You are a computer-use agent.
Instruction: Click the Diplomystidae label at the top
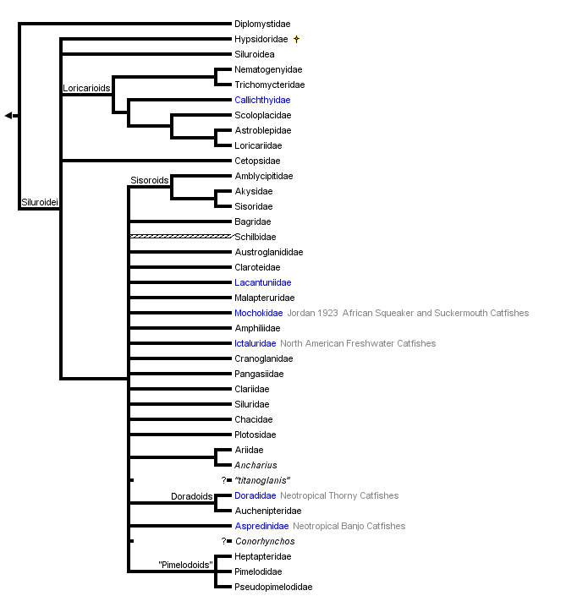click(262, 24)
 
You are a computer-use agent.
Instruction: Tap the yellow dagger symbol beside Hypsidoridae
click(296, 39)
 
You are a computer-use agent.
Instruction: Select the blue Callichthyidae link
click(262, 100)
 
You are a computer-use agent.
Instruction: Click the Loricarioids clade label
click(86, 88)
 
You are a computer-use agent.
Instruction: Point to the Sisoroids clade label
click(150, 180)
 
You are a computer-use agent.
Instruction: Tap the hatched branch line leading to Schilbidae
click(179, 237)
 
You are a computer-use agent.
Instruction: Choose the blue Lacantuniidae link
click(263, 282)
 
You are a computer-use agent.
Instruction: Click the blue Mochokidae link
click(258, 313)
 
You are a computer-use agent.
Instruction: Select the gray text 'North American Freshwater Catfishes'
click(358, 343)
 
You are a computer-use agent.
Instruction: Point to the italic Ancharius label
click(256, 465)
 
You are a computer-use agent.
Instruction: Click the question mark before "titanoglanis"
click(224, 480)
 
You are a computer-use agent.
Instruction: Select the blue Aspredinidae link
click(261, 526)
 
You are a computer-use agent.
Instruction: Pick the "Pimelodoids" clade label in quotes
click(184, 565)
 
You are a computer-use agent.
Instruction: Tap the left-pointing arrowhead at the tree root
click(8, 115)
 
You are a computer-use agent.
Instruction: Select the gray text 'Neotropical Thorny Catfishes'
click(339, 495)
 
